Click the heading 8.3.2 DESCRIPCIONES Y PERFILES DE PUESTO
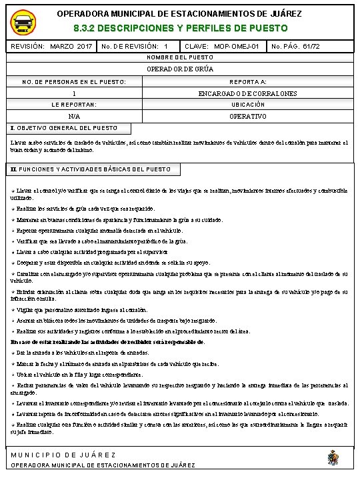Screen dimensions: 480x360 (x=180, y=29)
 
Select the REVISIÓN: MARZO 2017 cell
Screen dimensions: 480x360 (x=51, y=47)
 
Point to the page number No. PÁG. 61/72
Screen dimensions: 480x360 (x=297, y=47)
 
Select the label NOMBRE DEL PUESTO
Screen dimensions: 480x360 (x=179, y=58)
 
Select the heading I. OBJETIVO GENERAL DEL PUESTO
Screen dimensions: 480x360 (x=65, y=127)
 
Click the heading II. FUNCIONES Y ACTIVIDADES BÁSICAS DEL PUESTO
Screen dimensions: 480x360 (x=91, y=169)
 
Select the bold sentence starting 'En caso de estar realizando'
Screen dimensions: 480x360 (x=107, y=341)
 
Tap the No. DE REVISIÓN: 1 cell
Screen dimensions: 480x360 (x=135, y=47)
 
